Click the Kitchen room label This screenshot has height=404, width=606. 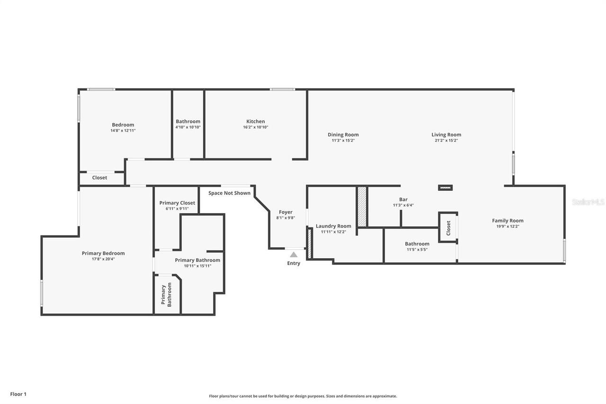pos(255,121)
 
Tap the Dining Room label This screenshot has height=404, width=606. pos(343,135)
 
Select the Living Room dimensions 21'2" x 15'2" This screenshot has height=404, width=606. pos(446,141)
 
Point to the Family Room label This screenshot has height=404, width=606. pos(508,220)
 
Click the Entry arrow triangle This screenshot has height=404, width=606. pos(294,254)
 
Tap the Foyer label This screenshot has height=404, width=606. pos(285,212)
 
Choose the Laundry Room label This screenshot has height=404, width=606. pos(333,226)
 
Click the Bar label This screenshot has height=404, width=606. pos(403,199)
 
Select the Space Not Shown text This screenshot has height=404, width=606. pos(229,193)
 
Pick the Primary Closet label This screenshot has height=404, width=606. pos(177,203)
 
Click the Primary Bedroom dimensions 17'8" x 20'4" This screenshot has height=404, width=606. pos(103,259)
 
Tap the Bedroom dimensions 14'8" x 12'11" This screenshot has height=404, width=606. pos(123,131)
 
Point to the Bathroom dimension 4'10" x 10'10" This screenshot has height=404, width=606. pos(188,127)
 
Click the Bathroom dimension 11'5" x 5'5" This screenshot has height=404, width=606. pos(417,250)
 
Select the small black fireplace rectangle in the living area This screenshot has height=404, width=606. pos(445,188)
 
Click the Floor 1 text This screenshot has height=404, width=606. pos(18,394)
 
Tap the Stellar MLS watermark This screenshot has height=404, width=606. pos(588,202)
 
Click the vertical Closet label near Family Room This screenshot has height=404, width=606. pos(448,228)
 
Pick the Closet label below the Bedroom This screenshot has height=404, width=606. pos(99,178)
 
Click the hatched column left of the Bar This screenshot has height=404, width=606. pos(362,206)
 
